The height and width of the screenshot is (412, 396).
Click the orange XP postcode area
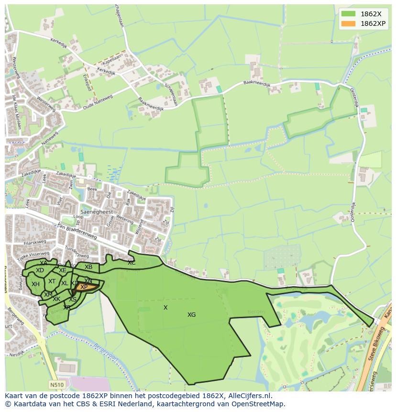click(86, 287)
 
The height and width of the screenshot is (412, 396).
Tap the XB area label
click(88, 267)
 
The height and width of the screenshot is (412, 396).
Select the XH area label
click(35, 284)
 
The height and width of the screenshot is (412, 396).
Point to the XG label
click(191, 315)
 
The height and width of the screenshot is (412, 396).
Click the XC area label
click(132, 263)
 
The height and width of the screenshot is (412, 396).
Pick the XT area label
click(52, 281)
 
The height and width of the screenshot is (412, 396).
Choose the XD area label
click(40, 271)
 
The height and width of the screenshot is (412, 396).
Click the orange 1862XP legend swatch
click(348, 23)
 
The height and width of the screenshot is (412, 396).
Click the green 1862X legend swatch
click(348, 13)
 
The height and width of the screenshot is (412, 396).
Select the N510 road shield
click(56, 384)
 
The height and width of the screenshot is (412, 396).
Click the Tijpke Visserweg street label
click(33, 257)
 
